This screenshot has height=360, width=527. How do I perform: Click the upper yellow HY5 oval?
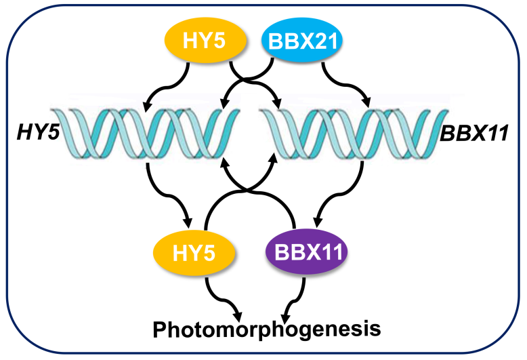point(205,40)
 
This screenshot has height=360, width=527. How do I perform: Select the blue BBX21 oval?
point(302,40)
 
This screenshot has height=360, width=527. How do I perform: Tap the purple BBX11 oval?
point(306,252)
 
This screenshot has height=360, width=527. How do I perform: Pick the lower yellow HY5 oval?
point(194,253)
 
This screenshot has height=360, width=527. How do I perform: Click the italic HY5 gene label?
point(38,132)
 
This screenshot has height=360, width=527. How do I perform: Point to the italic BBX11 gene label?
point(473,134)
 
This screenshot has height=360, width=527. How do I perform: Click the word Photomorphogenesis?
point(267,329)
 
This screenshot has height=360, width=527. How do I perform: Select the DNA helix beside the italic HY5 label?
point(145,134)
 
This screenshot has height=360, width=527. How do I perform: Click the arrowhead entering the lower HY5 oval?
point(188,223)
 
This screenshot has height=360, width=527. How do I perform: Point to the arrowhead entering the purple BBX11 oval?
point(317,222)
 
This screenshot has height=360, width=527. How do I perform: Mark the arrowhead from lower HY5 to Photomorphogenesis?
point(238,316)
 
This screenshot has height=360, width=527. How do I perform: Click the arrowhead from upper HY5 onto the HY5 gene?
point(147,105)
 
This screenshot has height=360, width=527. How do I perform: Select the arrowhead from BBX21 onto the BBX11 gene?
point(366,102)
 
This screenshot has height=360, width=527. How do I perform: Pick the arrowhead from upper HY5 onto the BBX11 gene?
point(278,103)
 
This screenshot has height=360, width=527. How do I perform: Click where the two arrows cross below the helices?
point(248,191)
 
